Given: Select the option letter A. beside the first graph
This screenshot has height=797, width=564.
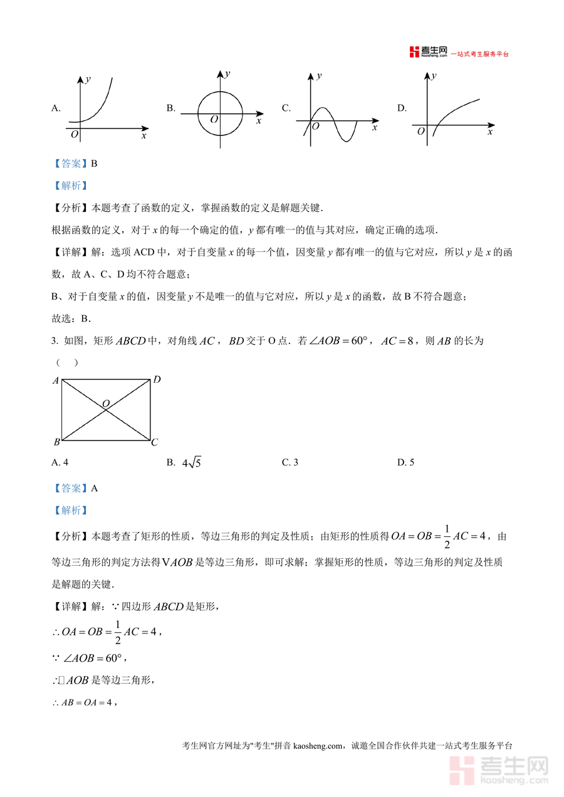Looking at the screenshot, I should coord(56,108).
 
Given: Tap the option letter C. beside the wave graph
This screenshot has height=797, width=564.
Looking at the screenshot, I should coord(286,108).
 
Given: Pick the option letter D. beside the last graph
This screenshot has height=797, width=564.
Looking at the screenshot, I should coord(402,108).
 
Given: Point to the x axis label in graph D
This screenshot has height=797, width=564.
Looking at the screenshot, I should coord(490,132).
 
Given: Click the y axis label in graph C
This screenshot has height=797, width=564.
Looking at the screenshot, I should coord(320,76).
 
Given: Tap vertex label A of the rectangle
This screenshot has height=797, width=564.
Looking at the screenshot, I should coord(56,380).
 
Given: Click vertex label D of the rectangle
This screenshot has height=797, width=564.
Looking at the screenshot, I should coord(157,380).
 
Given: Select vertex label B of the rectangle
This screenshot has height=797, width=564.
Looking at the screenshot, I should coord(56,442).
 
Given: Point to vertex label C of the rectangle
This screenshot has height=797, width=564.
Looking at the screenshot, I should coord(155,442).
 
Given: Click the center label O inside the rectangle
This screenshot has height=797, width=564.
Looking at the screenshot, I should coord(105,403).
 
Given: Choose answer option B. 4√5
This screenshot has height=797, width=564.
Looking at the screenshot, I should coord(184,463).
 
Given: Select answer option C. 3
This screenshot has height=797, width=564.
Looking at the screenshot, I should coord(290,462).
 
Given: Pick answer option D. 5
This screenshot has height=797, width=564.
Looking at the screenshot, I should coord(405,462).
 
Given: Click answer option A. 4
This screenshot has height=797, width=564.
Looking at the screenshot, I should coord(60,462).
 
